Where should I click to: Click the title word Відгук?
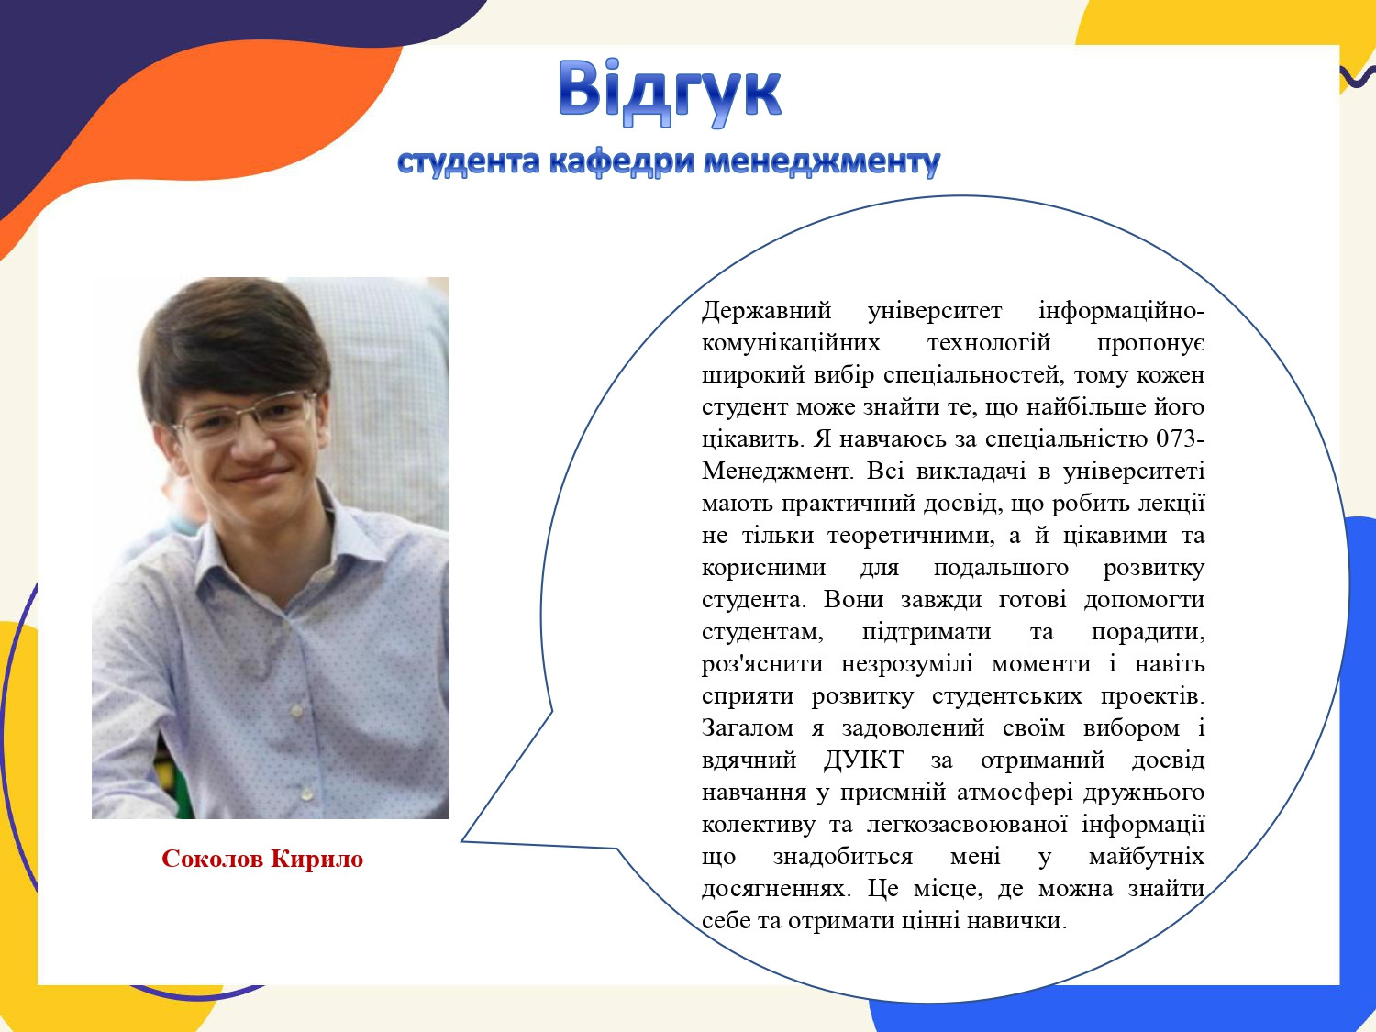point(670,93)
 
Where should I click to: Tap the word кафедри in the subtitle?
point(621,162)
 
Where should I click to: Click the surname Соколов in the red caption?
point(213,859)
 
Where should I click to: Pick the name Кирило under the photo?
point(317,859)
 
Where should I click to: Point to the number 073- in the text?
point(1180,438)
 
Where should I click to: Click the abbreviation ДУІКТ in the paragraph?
point(863,760)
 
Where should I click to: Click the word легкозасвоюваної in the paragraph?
point(967,825)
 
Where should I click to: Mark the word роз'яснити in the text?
point(762,663)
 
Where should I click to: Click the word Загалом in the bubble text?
point(748,728)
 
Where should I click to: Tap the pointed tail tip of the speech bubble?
point(462,841)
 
